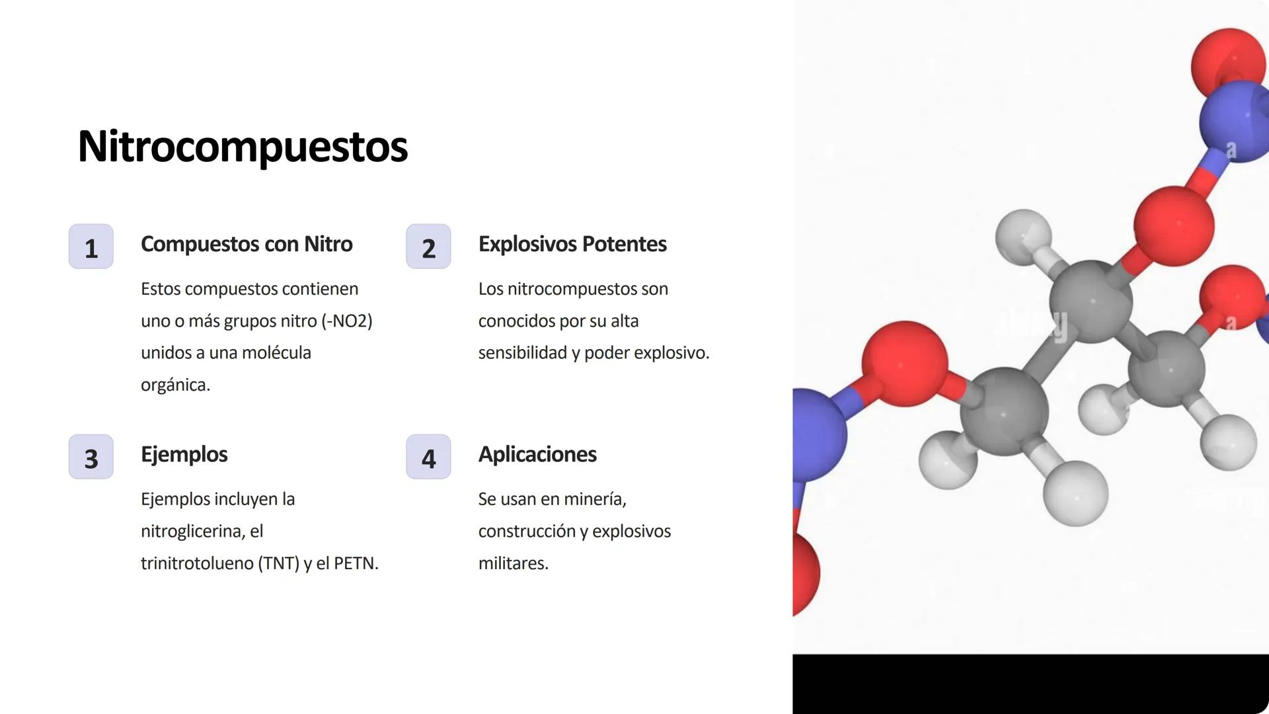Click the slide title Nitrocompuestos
(243, 146)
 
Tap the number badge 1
(91, 247)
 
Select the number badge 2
(428, 247)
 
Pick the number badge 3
(91, 457)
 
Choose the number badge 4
(428, 457)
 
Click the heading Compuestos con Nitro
(247, 244)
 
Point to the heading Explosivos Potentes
(572, 244)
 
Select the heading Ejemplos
(184, 455)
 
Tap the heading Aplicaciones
(537, 455)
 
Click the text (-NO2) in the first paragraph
(347, 321)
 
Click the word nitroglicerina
(195, 532)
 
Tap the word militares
(513, 563)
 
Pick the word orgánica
(175, 385)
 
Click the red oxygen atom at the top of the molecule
(1229, 64)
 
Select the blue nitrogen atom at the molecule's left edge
(817, 434)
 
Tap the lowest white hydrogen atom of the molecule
(1075, 494)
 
